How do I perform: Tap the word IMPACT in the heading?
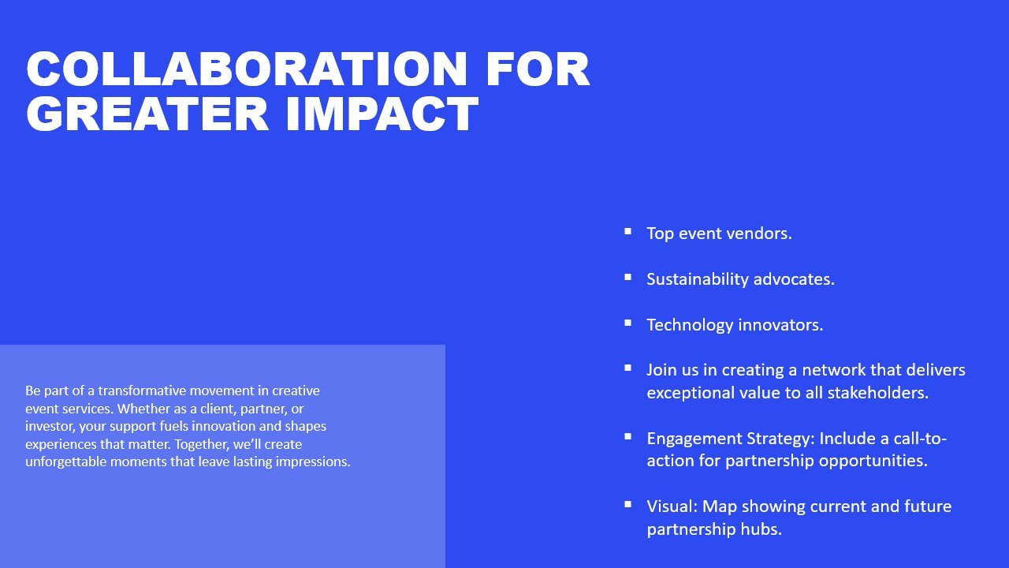click(x=382, y=114)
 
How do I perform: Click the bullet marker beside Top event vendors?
click(x=628, y=232)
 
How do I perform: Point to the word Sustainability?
click(x=698, y=279)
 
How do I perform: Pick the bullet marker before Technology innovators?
click(x=628, y=323)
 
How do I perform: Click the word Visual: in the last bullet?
click(x=672, y=506)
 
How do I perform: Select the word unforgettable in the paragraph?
click(x=65, y=461)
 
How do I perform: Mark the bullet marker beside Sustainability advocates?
click(x=628, y=278)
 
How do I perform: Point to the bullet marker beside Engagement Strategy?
click(x=628, y=436)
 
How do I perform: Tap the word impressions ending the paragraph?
click(x=313, y=462)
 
